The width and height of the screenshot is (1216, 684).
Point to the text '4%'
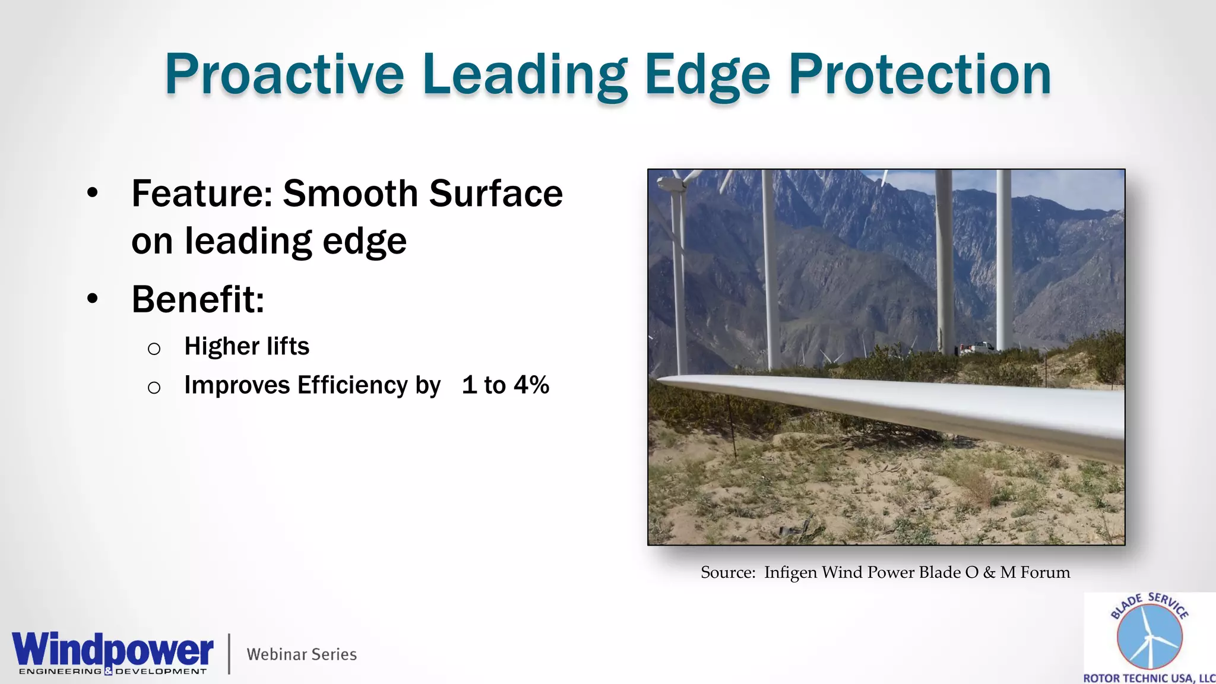click(531, 385)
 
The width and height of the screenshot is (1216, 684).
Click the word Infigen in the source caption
click(790, 572)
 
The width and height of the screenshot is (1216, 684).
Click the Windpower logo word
click(112, 650)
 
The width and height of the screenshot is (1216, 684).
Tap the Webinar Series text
click(302, 654)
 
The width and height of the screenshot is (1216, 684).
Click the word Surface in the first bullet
click(495, 194)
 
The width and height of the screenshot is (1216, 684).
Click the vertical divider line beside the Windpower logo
click(229, 654)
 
